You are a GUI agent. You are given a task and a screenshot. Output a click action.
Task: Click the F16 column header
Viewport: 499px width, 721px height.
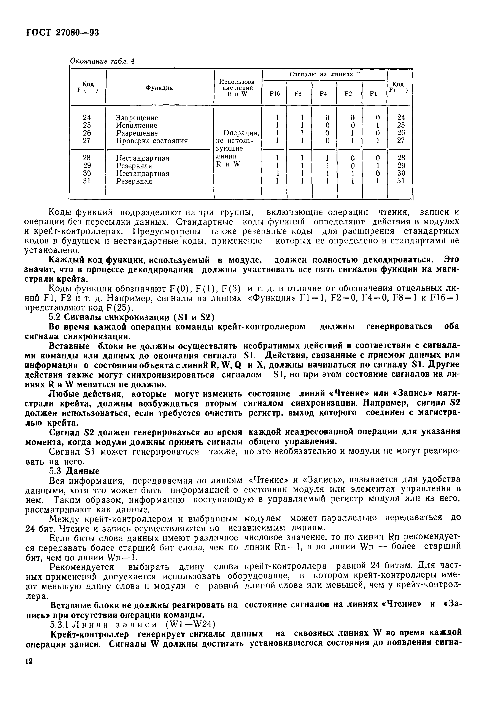click(x=274, y=94)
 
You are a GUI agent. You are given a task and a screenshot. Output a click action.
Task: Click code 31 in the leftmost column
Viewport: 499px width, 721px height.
click(x=87, y=181)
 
